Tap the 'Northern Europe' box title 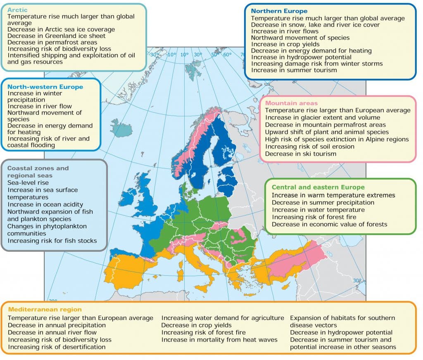point(279,11)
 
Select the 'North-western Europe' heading point(45,87)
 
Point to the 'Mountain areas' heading point(291,103)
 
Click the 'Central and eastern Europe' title point(318,187)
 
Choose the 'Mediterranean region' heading point(45,309)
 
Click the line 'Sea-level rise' point(28,182)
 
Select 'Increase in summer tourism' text point(294,70)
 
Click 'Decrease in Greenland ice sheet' point(56,36)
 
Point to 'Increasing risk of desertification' point(57,347)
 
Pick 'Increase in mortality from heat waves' point(219,340)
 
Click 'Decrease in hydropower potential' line point(341,332)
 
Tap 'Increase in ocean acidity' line point(45,204)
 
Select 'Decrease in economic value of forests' point(329,224)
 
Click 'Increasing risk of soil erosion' point(309,147)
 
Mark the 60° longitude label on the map point(228,54)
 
